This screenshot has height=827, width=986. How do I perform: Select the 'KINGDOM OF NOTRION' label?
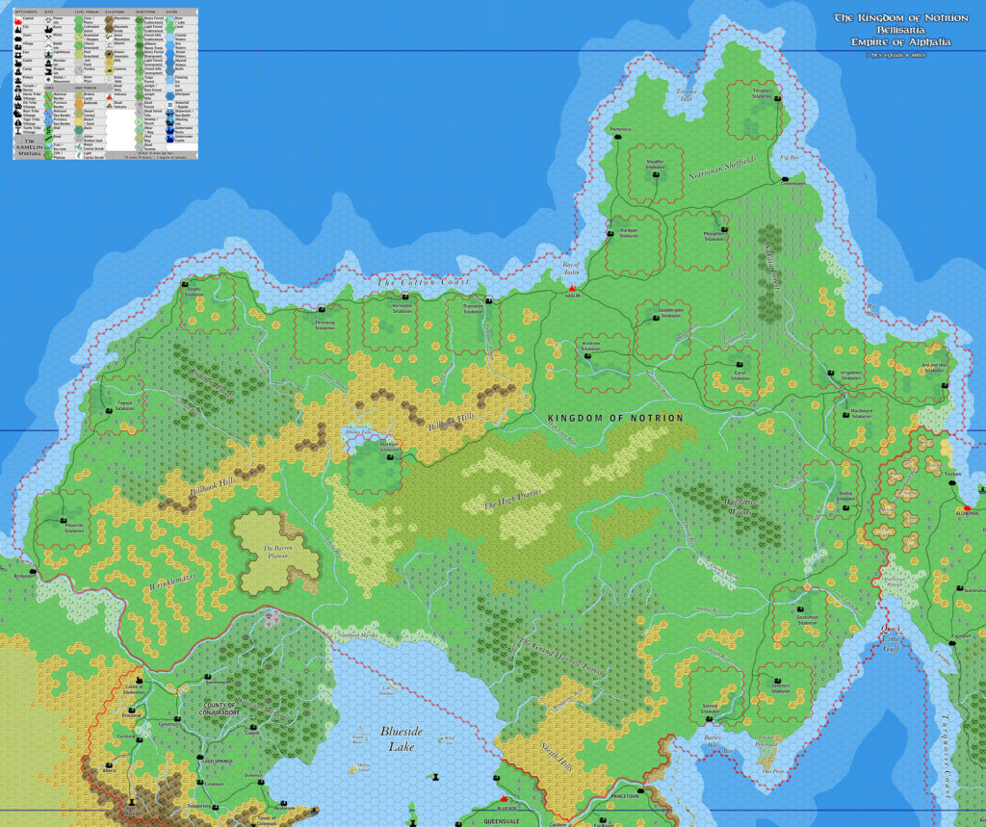[x=614, y=419]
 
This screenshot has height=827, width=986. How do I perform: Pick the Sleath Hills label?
[x=558, y=739]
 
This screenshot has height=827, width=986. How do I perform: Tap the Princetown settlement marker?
[x=623, y=788]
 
